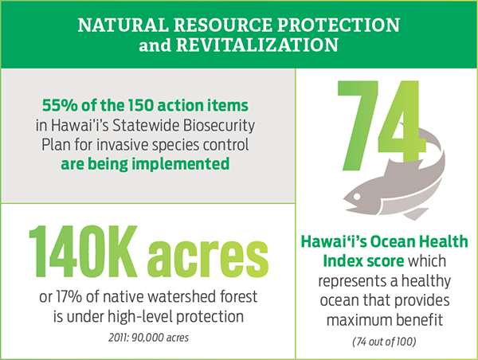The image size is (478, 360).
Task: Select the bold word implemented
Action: tap(180, 165)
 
